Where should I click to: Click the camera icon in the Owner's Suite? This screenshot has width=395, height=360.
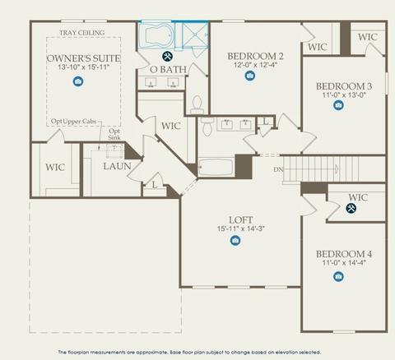(78, 81)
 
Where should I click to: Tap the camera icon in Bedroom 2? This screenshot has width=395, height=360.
(249, 76)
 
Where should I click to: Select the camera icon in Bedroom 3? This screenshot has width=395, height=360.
(338, 105)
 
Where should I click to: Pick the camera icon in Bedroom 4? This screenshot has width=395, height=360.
(338, 276)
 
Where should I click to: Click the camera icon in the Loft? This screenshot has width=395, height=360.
(235, 240)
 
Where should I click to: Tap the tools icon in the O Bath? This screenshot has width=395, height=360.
(167, 56)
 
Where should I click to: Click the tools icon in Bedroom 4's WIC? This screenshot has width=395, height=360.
(351, 208)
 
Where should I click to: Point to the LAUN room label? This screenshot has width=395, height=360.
(117, 166)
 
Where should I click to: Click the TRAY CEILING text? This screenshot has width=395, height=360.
(82, 33)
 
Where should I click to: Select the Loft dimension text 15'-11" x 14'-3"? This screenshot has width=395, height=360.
(241, 228)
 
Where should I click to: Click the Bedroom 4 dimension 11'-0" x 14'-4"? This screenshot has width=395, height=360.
(344, 262)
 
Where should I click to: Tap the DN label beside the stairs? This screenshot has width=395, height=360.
(278, 169)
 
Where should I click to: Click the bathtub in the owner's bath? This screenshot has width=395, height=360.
(156, 36)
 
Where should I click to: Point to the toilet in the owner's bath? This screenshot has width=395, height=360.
(197, 104)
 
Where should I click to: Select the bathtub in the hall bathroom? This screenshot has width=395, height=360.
(216, 167)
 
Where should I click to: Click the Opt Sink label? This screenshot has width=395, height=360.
(114, 134)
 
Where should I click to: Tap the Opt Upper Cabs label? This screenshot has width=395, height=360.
(74, 122)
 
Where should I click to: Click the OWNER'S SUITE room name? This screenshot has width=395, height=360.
(83, 58)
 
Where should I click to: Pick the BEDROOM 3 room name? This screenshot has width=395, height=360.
(344, 86)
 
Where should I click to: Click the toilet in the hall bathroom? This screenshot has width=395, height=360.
(207, 126)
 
